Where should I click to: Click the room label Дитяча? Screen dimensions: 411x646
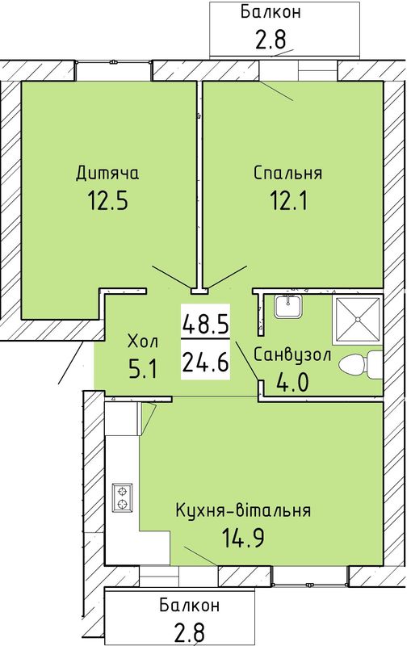coord(107,174)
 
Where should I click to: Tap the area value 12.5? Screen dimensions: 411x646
coord(108,201)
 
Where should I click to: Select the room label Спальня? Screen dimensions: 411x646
coord(287,173)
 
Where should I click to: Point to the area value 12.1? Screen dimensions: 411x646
coord(288,201)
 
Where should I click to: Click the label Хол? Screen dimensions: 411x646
coord(142,342)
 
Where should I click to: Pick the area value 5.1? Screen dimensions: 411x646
coord(143,369)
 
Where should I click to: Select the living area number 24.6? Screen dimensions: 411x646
coord(205,363)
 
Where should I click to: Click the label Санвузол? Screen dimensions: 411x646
coord(292,354)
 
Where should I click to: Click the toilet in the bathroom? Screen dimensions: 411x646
coord(360,365)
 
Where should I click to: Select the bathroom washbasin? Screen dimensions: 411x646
coord(288,305)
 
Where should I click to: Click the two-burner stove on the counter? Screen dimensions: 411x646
coord(123,497)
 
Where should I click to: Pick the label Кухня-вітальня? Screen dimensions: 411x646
coord(243,511)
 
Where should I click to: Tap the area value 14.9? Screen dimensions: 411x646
coord(243,538)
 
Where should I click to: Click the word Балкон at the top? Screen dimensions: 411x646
coord(271,12)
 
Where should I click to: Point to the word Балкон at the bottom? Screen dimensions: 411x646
coord(190,606)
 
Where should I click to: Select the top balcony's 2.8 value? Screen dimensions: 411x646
coord(271,40)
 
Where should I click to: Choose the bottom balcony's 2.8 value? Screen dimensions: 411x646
coord(190,633)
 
